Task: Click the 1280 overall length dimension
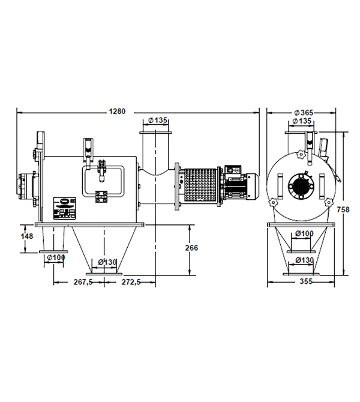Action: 117,112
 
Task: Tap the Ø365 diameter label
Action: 304,113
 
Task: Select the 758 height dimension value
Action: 343,210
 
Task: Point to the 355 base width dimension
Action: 306,281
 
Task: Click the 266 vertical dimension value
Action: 191,248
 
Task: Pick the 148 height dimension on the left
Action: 26,236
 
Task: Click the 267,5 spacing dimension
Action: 83,282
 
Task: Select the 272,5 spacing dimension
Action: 131,282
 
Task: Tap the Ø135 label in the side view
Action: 157,120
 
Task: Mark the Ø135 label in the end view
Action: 302,121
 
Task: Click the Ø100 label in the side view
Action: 56,257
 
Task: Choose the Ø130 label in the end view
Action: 304,260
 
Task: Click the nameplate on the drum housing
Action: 65,208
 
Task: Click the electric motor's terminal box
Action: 233,170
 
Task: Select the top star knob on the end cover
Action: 299,155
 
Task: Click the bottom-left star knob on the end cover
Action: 274,203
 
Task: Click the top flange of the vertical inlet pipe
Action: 155,132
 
